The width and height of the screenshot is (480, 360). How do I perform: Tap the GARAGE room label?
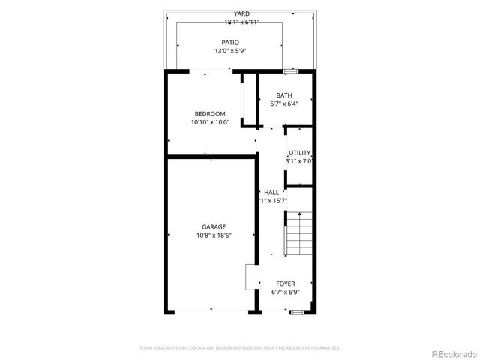[x=214, y=226]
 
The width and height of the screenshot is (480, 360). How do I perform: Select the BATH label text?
[x=284, y=95]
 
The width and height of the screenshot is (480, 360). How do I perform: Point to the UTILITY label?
[x=299, y=153]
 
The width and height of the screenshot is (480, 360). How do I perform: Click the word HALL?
[x=271, y=193]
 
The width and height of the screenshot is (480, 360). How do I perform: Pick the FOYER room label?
[x=286, y=283]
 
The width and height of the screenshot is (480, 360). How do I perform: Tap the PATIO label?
[x=230, y=43]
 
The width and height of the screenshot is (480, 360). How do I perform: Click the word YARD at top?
[x=241, y=13]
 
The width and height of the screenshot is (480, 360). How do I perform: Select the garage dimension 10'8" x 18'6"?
[x=214, y=235]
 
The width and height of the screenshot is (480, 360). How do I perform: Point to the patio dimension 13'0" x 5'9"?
[x=230, y=52]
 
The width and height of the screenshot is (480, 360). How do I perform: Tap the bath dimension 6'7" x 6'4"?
[x=284, y=104]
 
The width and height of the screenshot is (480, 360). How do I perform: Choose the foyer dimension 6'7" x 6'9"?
[x=286, y=292]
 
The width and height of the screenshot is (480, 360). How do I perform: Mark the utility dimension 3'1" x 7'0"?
[x=299, y=161]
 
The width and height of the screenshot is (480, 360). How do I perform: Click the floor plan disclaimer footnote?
[x=240, y=348]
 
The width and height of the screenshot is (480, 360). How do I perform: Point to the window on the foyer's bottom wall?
[x=297, y=311]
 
